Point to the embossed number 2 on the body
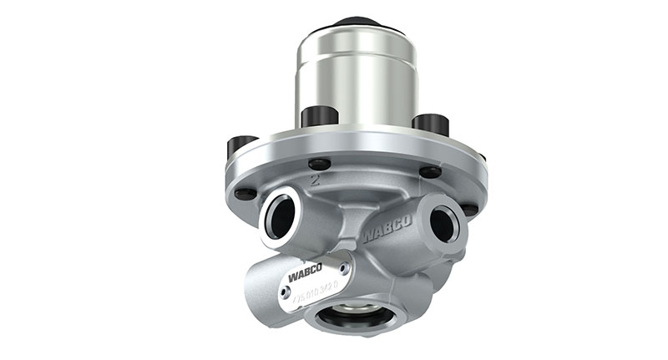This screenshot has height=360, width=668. (x=314, y=179)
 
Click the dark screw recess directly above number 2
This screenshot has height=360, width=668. (x=318, y=164)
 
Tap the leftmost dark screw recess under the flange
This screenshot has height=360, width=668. (x=245, y=194)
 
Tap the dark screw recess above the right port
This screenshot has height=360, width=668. (x=430, y=172)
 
